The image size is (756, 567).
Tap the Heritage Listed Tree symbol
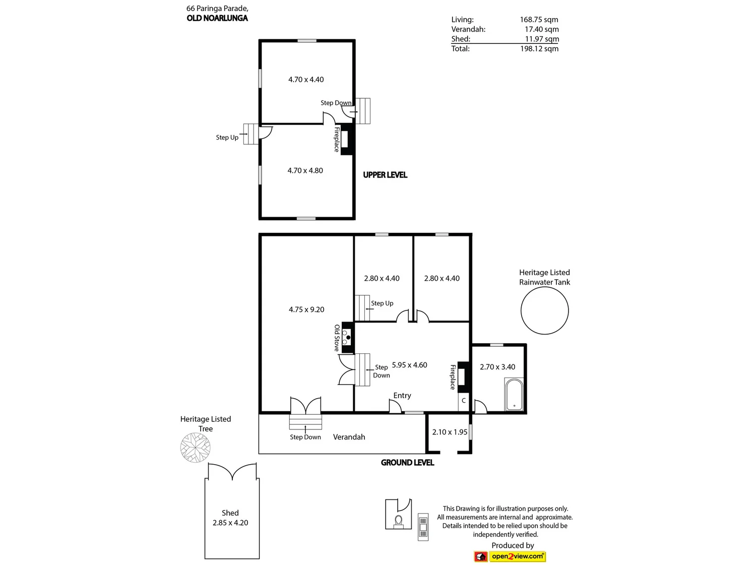tap(195, 447)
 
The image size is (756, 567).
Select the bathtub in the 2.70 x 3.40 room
tap(514, 395)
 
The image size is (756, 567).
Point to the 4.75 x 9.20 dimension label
tap(306, 309)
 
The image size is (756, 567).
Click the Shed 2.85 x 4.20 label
tap(230, 518)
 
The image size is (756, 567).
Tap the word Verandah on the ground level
tap(349, 437)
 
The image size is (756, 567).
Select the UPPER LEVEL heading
tap(385, 175)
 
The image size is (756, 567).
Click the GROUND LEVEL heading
tap(407, 463)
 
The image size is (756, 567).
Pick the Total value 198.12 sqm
tap(539, 48)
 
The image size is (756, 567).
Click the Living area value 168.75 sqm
tap(539, 20)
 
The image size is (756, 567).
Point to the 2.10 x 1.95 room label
tap(450, 432)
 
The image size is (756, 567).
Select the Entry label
tap(402, 396)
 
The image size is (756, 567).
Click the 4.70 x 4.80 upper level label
tap(305, 170)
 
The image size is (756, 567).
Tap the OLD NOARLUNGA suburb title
tap(217, 18)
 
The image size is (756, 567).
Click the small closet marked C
tap(463, 401)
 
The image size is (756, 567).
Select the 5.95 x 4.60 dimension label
tap(410, 365)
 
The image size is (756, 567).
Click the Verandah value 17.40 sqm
tap(541, 29)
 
